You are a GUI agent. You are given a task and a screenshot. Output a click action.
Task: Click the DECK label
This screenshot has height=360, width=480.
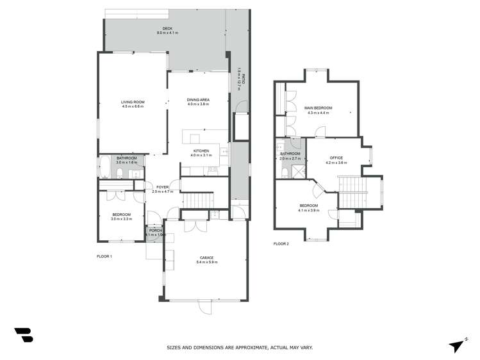coord(167,28)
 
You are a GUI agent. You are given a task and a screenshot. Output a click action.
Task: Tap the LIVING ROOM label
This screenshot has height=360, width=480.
coord(133,102)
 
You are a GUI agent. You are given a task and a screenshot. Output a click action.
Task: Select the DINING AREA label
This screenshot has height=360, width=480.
coord(198,100)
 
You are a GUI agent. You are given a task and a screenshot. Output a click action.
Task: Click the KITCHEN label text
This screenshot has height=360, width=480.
coord(200,151)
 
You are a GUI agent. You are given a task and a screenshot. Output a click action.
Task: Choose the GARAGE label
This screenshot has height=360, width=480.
coord(205,258)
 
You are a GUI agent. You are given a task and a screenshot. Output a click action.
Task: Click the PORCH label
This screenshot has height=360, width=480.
coord(156,231)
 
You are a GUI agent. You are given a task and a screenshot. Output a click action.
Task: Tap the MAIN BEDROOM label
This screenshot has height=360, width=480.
coord(317,108)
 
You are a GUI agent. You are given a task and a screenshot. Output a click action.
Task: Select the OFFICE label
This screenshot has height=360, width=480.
coord(336,158)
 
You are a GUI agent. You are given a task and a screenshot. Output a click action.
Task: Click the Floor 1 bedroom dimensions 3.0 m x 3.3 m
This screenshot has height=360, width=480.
coord(121,219)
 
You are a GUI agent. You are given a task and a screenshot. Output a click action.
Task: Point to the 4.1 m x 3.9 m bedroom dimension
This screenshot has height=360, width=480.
coord(308,210)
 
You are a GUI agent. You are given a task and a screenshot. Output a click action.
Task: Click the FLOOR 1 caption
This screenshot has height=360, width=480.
coord(104,256)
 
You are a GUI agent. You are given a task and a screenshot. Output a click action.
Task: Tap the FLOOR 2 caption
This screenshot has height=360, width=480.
coord(281,244)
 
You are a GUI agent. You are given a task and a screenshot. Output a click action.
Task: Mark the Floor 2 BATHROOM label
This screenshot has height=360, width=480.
coord(290,154)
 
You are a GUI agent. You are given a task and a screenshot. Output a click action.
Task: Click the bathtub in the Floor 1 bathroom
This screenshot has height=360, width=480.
coord(105,166)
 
